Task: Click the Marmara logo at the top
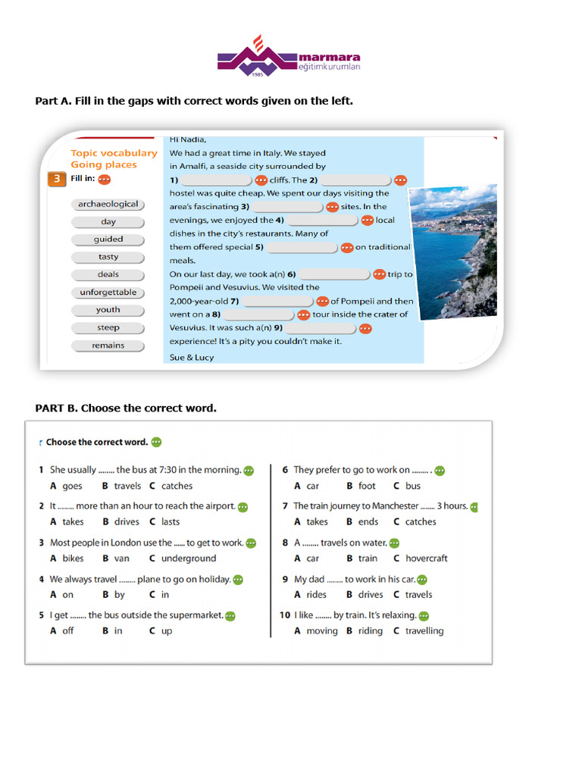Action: pyautogui.click(x=289, y=56)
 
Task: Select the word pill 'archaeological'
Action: pyautogui.click(x=108, y=204)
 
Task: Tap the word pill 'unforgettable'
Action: pyautogui.click(x=108, y=293)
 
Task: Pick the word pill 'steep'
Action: pyautogui.click(x=108, y=328)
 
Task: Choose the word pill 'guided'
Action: pyautogui.click(x=108, y=239)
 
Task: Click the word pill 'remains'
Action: pyautogui.click(x=108, y=346)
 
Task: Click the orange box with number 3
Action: pyautogui.click(x=56, y=180)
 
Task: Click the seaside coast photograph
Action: pyautogui.click(x=453, y=252)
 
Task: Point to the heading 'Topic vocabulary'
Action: pyautogui.click(x=114, y=153)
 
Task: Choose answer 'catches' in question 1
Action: pyautogui.click(x=177, y=487)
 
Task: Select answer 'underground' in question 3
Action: pyautogui.click(x=189, y=559)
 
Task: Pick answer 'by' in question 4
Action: pyautogui.click(x=119, y=595)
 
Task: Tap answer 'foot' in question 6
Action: pyautogui.click(x=367, y=487)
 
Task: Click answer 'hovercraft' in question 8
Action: pyautogui.click(x=426, y=559)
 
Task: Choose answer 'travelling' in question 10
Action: pyautogui.click(x=424, y=631)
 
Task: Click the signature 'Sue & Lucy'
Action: pyautogui.click(x=192, y=358)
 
